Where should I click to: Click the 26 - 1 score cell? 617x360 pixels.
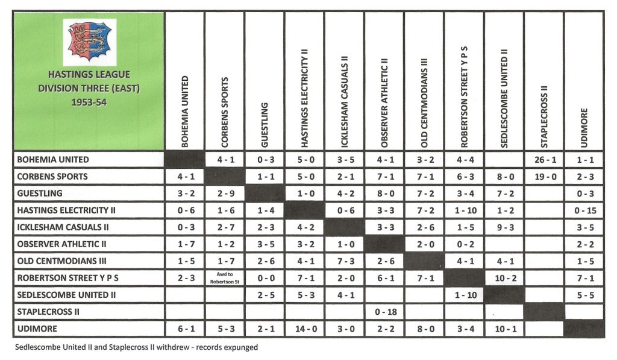543,160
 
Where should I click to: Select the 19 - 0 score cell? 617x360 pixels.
543,177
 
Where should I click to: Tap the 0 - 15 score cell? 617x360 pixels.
583,210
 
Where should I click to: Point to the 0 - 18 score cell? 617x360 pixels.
384,312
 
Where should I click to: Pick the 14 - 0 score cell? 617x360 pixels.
304,329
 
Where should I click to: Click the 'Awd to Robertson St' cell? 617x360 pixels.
224,278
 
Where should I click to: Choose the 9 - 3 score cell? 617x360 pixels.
503,227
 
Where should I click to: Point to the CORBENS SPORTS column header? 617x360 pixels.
224,112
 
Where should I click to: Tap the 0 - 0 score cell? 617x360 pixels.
264,278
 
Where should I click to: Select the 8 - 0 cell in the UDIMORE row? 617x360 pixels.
424,329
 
